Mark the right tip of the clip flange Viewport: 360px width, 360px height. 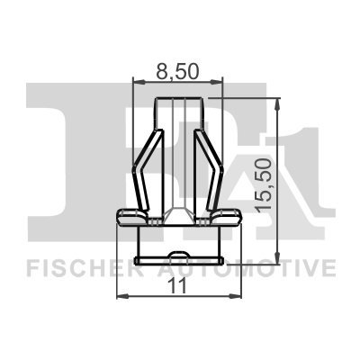(239, 215)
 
